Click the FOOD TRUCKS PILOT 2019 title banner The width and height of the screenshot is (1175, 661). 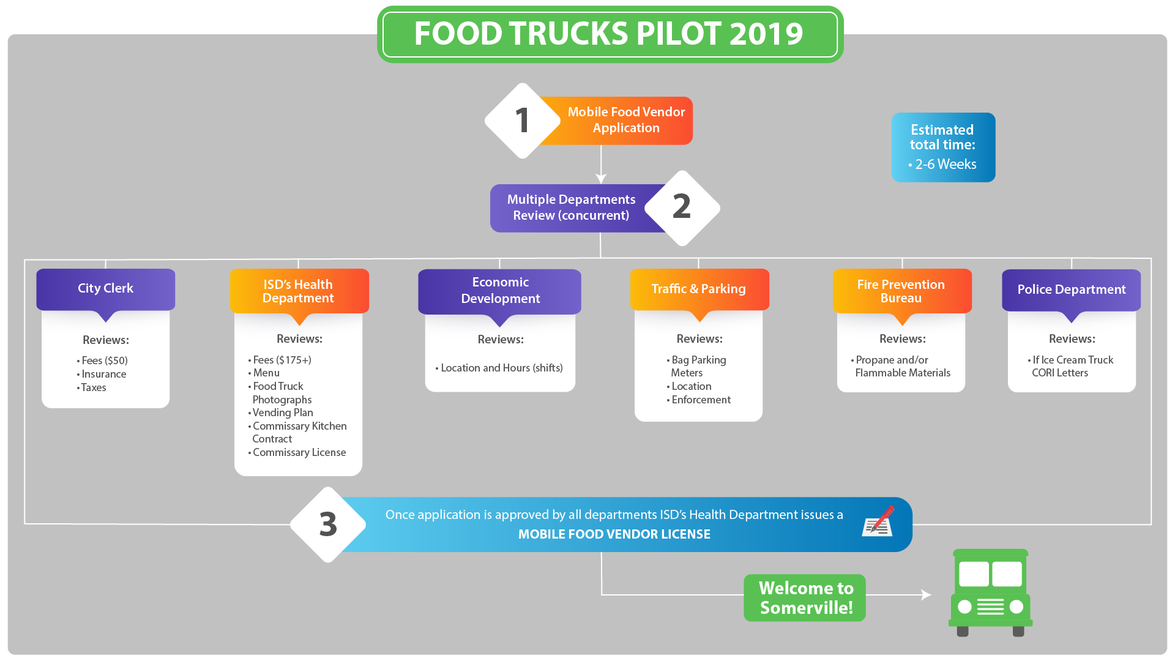610,34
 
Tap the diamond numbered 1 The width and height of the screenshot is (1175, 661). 522,121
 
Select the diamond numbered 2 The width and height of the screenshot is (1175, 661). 682,207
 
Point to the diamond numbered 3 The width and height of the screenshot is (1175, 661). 328,525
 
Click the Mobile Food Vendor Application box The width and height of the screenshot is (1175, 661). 626,121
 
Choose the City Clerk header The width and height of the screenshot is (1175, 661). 105,289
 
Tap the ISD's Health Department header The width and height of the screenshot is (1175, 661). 299,291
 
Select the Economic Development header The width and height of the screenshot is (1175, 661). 500,291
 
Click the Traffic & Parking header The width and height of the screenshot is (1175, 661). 699,289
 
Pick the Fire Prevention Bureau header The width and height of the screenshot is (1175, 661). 901,291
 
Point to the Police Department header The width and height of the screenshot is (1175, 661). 1071,289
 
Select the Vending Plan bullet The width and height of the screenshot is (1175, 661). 283,413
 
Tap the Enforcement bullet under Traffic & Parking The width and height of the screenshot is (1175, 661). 701,400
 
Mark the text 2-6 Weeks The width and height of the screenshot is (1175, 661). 945,165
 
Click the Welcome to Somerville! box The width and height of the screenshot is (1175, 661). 805,598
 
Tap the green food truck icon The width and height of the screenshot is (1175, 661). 990,592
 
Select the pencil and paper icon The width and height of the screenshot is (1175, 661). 878,521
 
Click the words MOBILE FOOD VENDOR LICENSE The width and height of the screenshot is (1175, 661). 614,534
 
